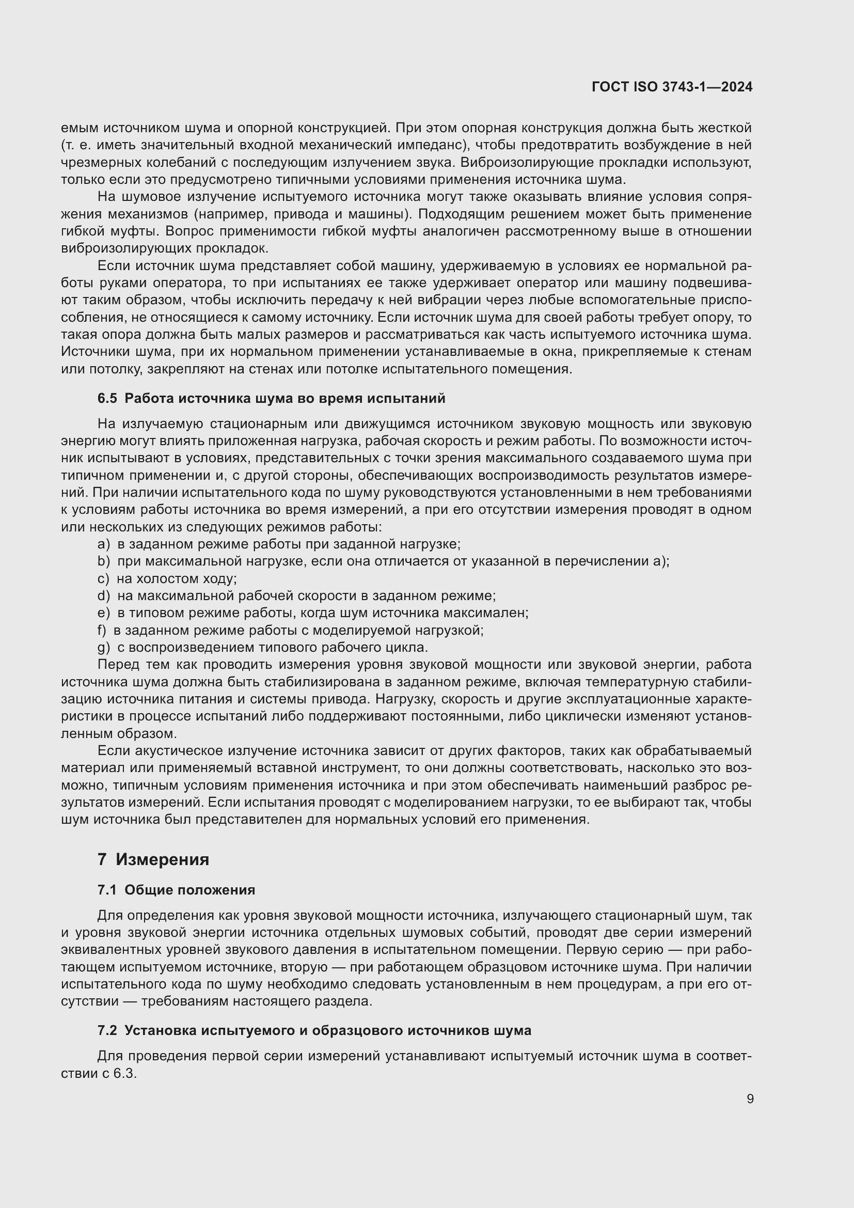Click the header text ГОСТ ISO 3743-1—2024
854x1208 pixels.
pyautogui.click(x=672, y=87)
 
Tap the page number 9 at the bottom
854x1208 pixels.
pyautogui.click(x=750, y=1099)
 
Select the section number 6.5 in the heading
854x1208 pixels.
pyautogui.click(x=107, y=398)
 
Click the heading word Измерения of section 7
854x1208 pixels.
pyautogui.click(x=163, y=859)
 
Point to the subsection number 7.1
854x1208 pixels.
pyautogui.click(x=107, y=890)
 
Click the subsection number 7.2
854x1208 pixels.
pyautogui.click(x=107, y=1030)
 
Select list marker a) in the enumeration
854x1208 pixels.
pyautogui.click(x=104, y=544)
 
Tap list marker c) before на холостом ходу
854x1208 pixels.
pyautogui.click(x=103, y=579)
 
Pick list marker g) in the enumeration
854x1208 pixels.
pyautogui.click(x=104, y=647)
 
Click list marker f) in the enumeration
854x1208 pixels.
pyautogui.click(x=102, y=630)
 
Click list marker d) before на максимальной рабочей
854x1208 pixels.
pyautogui.click(x=104, y=596)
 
